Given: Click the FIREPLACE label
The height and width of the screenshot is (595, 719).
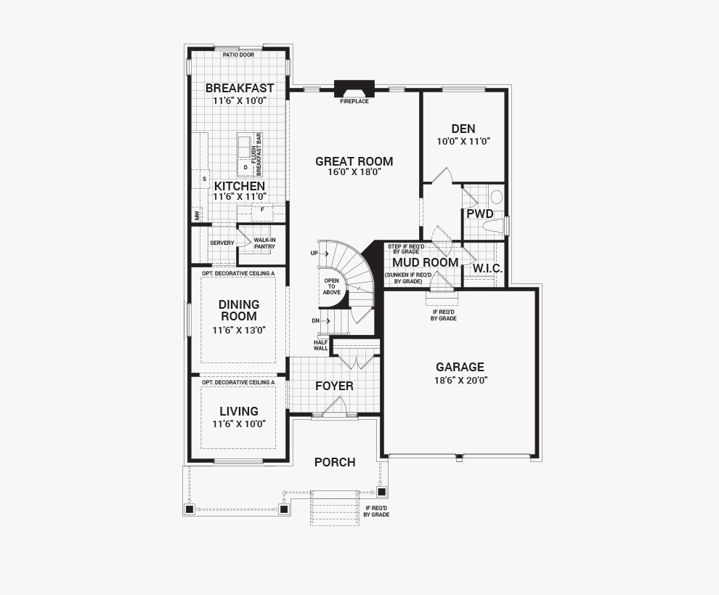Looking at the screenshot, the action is (354, 102).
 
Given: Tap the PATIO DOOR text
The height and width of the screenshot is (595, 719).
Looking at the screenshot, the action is (238, 55).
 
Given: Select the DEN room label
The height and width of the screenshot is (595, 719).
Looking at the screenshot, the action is (463, 129).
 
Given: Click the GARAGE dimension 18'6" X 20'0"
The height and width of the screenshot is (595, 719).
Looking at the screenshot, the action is (461, 380).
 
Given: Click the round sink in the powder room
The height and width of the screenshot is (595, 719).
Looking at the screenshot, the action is (497, 198).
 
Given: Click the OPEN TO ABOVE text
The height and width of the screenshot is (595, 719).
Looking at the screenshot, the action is (331, 286).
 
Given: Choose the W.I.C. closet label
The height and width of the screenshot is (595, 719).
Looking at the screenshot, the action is (487, 269).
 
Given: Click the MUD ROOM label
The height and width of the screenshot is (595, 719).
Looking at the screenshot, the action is (425, 262).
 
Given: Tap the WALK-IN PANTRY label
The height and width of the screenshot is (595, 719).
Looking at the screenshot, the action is (264, 243).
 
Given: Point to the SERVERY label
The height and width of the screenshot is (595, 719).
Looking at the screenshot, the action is (222, 243).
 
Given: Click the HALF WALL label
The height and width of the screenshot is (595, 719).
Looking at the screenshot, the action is (321, 345).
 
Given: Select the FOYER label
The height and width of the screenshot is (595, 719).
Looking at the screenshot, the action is (334, 386).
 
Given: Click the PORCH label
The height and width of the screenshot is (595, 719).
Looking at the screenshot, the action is (335, 463).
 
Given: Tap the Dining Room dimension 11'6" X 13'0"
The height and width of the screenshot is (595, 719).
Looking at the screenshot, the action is (239, 331).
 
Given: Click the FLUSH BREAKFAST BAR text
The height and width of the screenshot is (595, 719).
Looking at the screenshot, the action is (256, 154).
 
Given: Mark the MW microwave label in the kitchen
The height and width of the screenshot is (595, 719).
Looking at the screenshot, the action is (198, 215).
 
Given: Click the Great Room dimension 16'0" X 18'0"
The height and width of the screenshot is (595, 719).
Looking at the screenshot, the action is (354, 172).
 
